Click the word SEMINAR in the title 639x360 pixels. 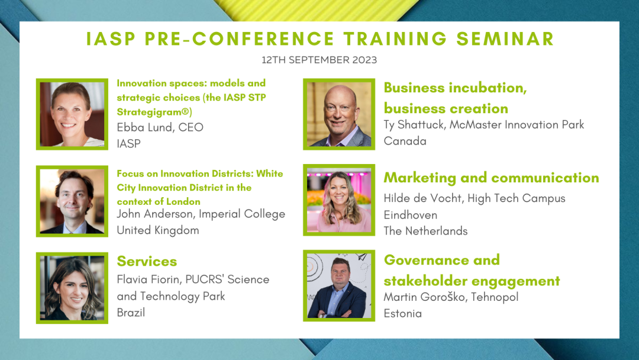505,38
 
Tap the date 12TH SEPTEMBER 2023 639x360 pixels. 319,60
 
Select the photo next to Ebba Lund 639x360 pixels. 72,114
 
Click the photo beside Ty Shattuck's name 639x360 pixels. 339,114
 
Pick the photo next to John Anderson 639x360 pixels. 72,201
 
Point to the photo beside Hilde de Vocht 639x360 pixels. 339,200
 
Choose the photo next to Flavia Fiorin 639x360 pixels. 72,288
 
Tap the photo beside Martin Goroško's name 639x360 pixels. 339,286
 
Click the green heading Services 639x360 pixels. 147,261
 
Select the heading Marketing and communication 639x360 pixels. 491,178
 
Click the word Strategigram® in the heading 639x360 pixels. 154,112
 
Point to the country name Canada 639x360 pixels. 405,141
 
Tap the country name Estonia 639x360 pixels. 403,314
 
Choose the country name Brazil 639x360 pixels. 131,313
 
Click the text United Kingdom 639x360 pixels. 158,230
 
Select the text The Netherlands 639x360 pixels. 425,231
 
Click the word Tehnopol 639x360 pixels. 495,297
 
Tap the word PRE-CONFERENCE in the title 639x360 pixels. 239,38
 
